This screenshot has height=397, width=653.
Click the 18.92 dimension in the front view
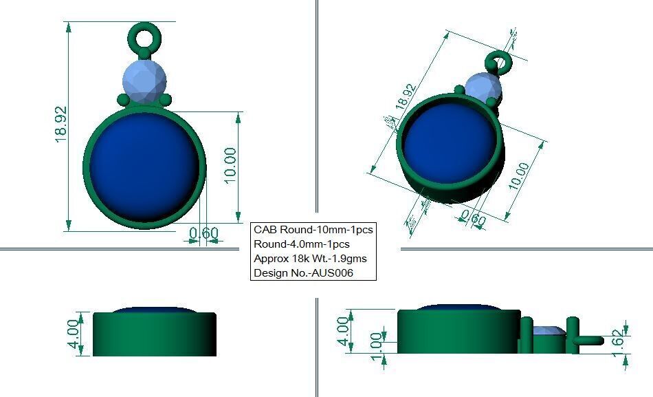click(x=61, y=125)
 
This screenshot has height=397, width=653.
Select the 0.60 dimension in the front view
click(x=203, y=234)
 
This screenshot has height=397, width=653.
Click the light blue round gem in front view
click(x=144, y=81)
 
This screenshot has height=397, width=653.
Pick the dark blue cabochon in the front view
click(x=144, y=167)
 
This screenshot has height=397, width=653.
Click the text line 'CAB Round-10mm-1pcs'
click(x=313, y=229)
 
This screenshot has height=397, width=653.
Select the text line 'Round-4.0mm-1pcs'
click(x=301, y=244)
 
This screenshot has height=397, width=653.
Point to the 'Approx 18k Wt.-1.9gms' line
click(x=310, y=259)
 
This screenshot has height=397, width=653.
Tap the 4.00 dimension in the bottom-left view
click(x=74, y=334)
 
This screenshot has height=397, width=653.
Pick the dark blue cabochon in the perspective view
click(x=450, y=145)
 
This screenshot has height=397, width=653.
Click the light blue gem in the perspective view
click(x=483, y=85)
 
